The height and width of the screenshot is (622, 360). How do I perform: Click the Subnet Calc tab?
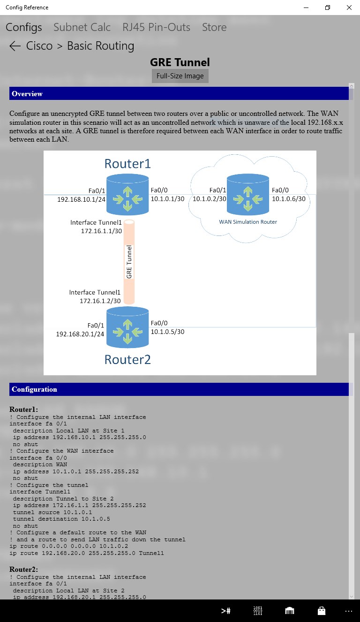(x=82, y=27)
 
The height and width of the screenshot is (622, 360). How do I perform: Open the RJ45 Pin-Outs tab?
(x=156, y=27)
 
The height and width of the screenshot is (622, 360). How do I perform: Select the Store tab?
(x=214, y=27)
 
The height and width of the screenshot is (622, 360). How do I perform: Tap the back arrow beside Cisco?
(x=15, y=46)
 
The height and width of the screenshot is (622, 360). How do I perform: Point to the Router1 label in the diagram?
(x=127, y=164)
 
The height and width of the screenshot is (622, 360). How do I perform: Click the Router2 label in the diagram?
(x=127, y=359)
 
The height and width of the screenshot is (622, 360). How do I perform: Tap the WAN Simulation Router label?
(x=248, y=222)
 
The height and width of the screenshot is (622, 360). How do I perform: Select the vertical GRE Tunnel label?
(x=129, y=262)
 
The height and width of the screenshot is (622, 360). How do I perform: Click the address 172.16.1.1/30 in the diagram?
(x=101, y=231)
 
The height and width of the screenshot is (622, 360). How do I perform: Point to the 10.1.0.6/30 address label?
(x=289, y=199)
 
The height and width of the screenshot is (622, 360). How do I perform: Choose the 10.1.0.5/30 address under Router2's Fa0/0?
(x=167, y=332)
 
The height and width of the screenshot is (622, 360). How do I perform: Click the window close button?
(x=349, y=8)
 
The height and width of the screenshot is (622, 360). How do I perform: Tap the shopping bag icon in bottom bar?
(x=321, y=611)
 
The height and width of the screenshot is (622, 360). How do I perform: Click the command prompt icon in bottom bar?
(x=226, y=611)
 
